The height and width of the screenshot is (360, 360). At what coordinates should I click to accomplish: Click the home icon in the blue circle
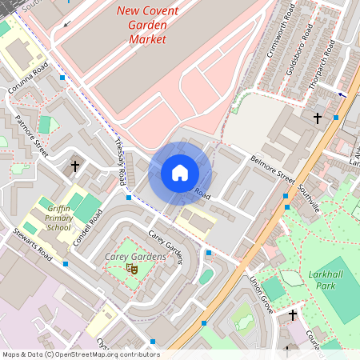(x=180, y=173)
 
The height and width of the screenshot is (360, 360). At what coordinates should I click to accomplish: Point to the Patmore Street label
(x=31, y=136)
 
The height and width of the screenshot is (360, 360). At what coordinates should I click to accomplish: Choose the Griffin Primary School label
(x=58, y=216)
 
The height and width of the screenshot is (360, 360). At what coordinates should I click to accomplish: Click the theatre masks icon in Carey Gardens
(x=132, y=270)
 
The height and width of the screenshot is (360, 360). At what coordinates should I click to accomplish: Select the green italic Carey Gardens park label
(x=135, y=257)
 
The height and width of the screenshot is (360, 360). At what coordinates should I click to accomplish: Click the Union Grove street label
(x=262, y=294)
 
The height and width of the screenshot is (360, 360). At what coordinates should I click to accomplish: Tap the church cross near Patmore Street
(x=75, y=166)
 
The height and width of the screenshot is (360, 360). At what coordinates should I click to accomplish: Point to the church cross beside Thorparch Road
(x=317, y=118)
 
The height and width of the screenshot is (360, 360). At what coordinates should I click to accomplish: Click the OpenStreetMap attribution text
(x=80, y=354)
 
